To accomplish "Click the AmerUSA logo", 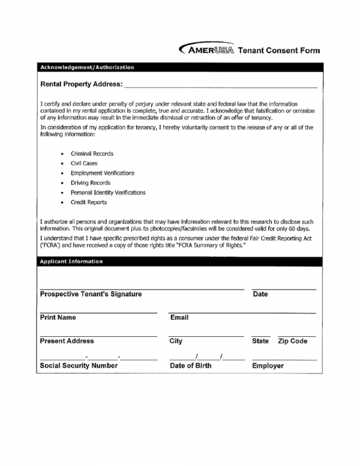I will click(205, 50).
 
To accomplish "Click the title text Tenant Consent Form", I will click(279, 51).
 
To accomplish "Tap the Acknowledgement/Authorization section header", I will click(86, 67).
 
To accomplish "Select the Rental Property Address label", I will click(81, 84).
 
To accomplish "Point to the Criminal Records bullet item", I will click(92, 154).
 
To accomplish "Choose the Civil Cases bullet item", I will click(84, 163).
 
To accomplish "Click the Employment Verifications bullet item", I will click(103, 173).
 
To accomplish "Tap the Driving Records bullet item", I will click(91, 183).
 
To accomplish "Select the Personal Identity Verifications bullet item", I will click(108, 193).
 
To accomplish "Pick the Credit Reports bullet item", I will click(89, 202).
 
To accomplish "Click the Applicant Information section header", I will click(71, 262).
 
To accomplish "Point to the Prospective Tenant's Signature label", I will click(91, 294).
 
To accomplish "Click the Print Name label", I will click(58, 317).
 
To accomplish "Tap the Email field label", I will click(179, 317).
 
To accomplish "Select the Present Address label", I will click(67, 341).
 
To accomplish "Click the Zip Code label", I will click(293, 341).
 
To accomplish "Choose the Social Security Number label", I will click(79, 365).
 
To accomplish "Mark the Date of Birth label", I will click(191, 365).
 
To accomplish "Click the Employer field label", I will click(268, 365).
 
